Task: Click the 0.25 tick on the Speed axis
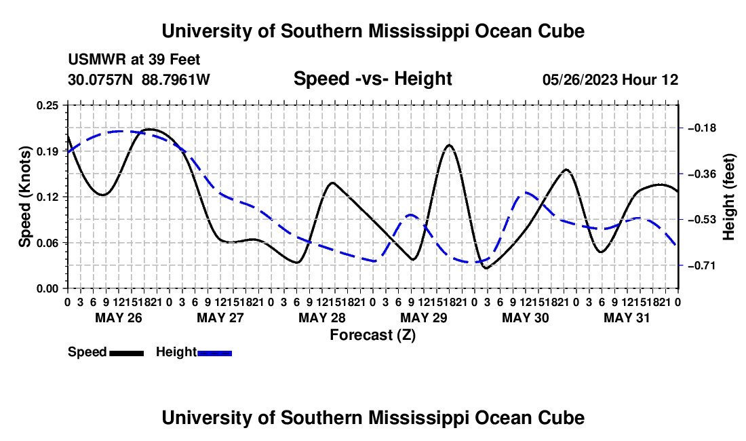[47, 105]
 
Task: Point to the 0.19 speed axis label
[47, 151]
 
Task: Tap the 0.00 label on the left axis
[47, 289]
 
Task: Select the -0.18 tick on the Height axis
[702, 128]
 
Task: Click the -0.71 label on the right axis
[702, 265]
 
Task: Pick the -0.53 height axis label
[702, 220]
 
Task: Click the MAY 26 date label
[119, 318]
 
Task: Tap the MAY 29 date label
[424, 318]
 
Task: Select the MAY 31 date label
[627, 318]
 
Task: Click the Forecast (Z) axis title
[373, 335]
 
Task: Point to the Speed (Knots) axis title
[24, 197]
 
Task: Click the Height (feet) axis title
[728, 197]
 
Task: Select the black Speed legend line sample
[127, 353]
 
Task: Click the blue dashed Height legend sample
[214, 353]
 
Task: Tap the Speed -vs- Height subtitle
[372, 79]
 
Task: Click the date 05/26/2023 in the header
[579, 79]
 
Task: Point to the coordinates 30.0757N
[100, 79]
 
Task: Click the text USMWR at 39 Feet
[134, 60]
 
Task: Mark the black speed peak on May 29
[449, 145]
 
